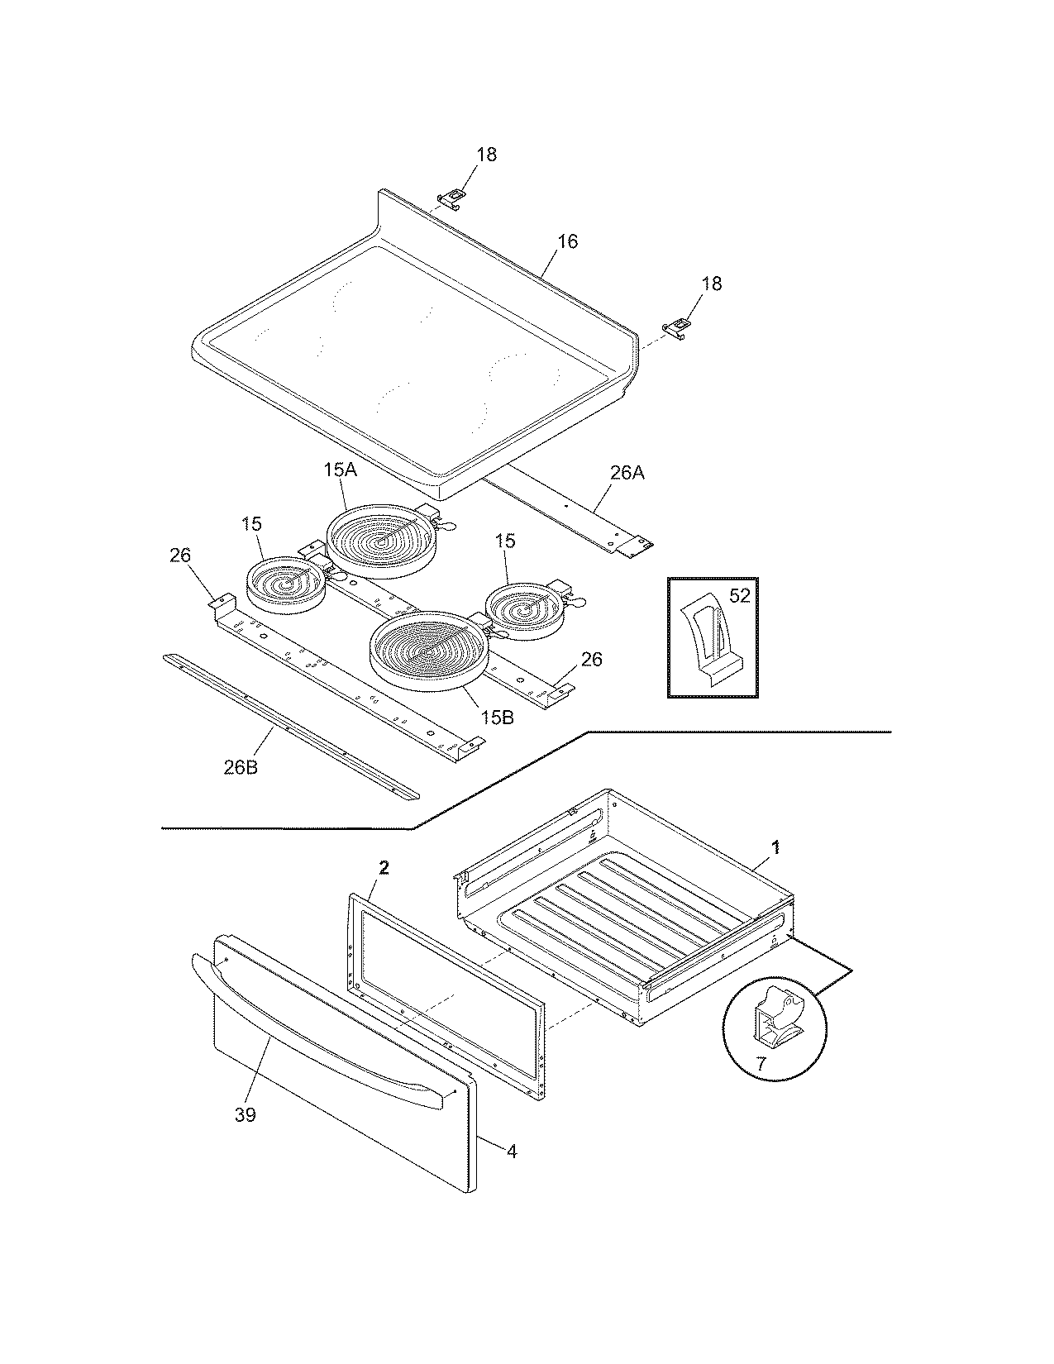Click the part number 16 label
567,241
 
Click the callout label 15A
339,470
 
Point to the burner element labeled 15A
379,541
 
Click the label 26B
240,766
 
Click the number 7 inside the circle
761,1065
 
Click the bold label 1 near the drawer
775,847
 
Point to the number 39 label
245,1114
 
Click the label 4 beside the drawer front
512,1150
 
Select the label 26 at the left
180,555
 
